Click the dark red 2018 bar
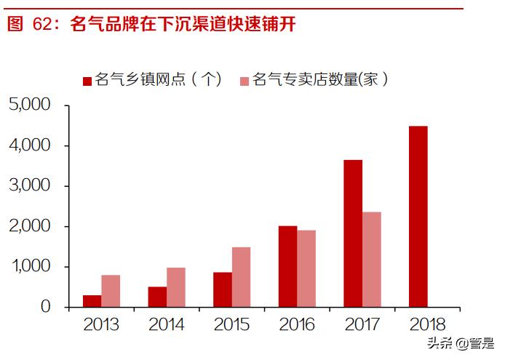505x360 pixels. (x=418, y=217)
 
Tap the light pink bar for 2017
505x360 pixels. (x=371, y=260)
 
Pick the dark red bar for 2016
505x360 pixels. (x=287, y=267)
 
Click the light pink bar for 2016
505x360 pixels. (x=306, y=269)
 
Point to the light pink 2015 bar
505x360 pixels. (x=241, y=277)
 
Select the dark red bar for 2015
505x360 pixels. (x=223, y=289)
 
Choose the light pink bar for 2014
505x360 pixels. (x=176, y=287)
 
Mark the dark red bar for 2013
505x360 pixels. (x=92, y=301)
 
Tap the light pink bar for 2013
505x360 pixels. (x=111, y=291)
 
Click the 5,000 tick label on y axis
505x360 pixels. (x=30, y=105)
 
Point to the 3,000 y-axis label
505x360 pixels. (x=30, y=186)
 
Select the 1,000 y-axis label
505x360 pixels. (x=30, y=267)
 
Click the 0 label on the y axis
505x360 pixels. (x=46, y=308)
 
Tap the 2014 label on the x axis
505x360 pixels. (x=167, y=325)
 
